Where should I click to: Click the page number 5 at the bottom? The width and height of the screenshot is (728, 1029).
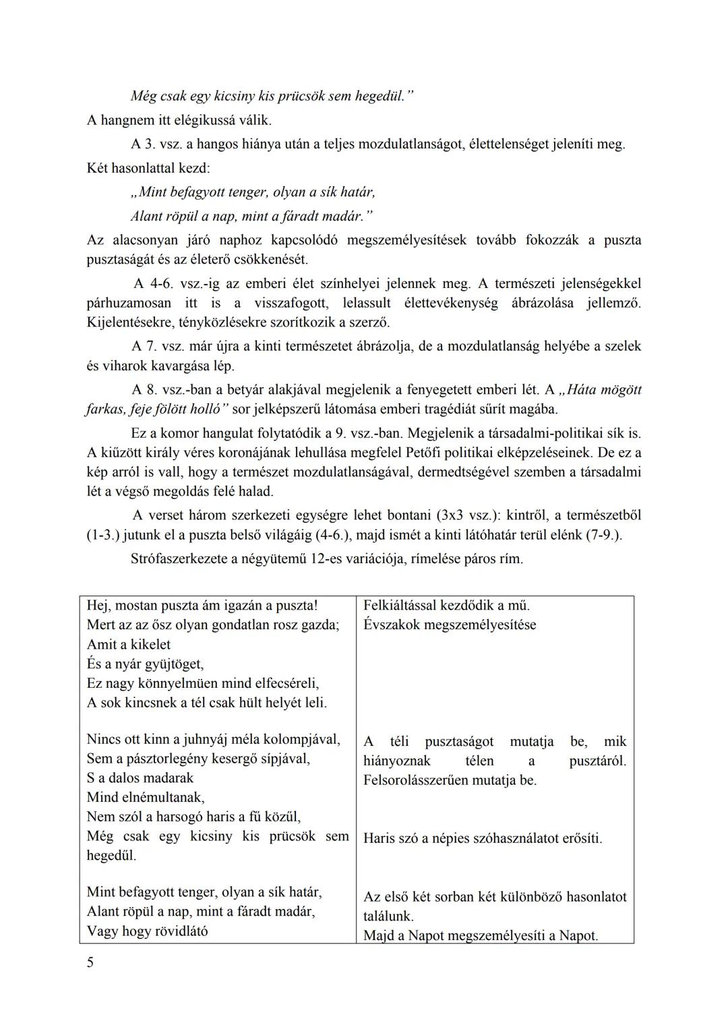point(90,962)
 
